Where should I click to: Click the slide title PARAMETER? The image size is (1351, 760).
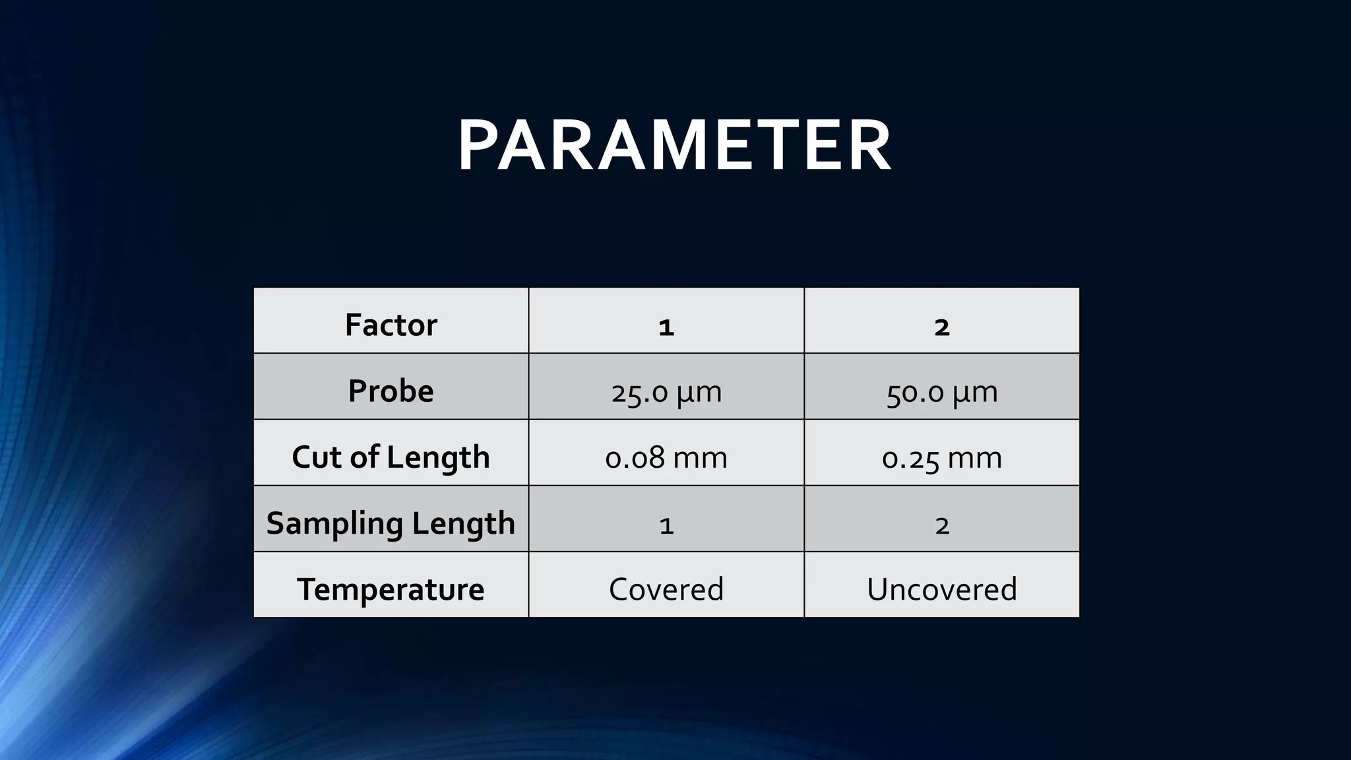(674, 146)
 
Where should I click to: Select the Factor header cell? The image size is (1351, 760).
(391, 325)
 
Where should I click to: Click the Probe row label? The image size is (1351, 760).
(391, 391)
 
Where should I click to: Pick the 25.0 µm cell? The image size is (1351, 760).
(666, 392)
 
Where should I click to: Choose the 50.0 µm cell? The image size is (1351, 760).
(942, 392)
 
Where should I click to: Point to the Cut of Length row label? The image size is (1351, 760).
(391, 457)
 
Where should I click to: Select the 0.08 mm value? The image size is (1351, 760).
(666, 457)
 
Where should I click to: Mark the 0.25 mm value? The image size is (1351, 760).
(942, 457)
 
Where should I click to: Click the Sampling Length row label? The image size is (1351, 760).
(391, 523)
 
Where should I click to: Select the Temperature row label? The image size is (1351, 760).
(391, 589)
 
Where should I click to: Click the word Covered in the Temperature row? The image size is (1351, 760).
(666, 589)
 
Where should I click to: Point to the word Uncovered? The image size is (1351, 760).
(942, 589)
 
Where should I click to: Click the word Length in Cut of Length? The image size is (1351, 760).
(438, 457)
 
